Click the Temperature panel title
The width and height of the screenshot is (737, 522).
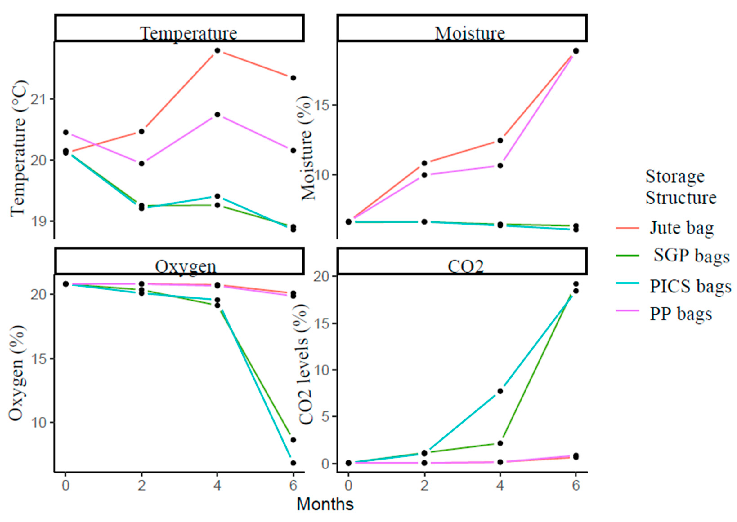coord(188,33)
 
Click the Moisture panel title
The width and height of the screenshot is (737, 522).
coord(470,33)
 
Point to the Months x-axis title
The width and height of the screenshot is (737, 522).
coord(325,504)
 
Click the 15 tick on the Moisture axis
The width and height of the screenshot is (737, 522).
coord(323,105)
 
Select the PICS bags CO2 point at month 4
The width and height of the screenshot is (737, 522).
coord(500,391)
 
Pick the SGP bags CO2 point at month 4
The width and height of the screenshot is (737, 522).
coord(500,443)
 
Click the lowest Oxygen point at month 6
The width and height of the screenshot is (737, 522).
coord(293,463)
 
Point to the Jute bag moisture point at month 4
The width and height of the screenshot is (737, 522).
coord(500,141)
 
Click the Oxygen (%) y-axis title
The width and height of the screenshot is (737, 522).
coord(16,373)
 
